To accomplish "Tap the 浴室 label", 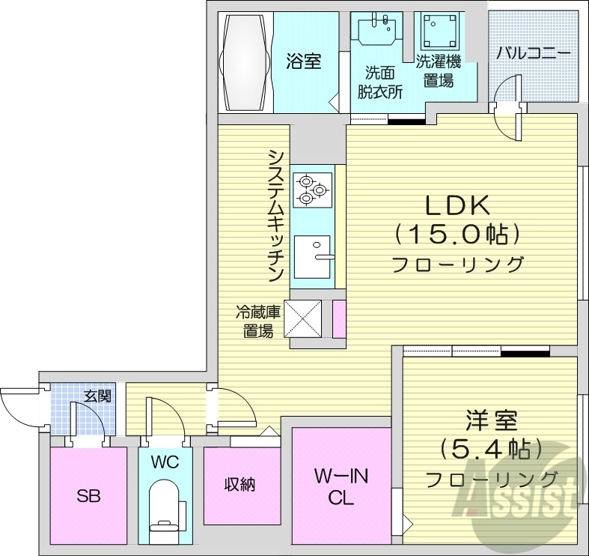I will (x=303, y=61).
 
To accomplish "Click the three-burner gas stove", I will (x=311, y=188).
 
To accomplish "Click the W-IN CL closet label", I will (x=341, y=487).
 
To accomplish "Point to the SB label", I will (x=88, y=495).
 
